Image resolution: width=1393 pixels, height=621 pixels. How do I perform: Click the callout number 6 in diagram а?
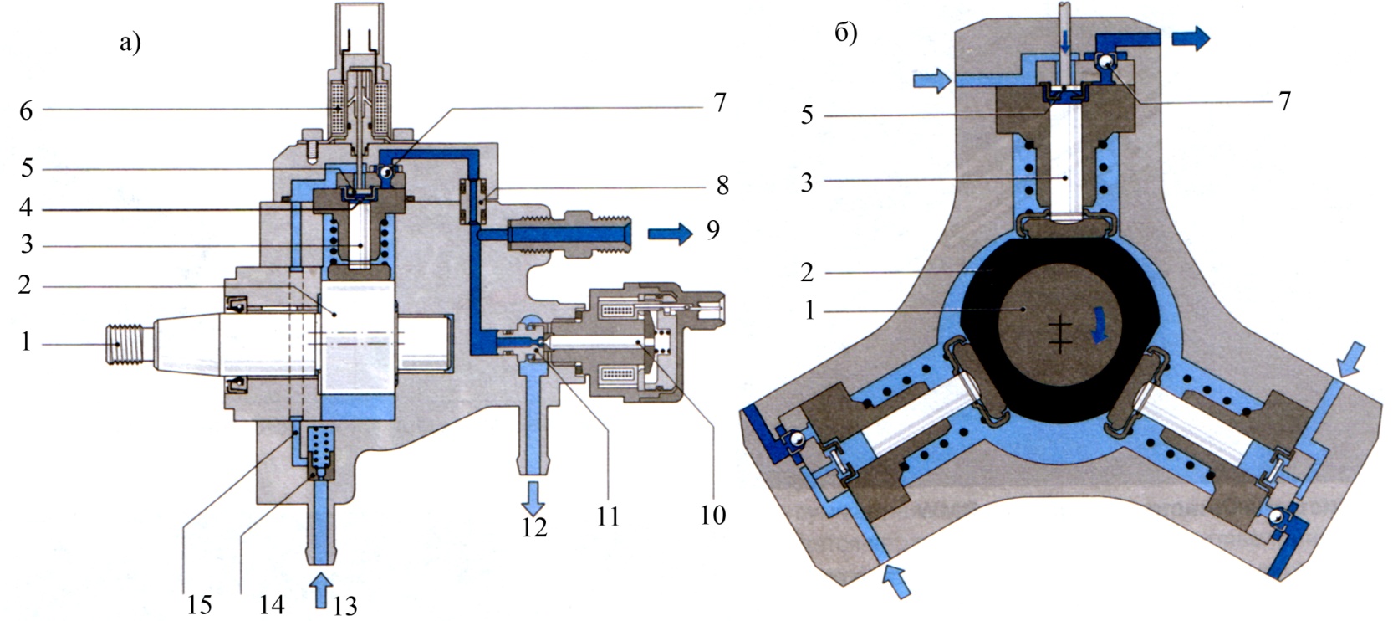click(x=25, y=110)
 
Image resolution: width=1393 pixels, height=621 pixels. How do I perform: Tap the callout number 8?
click(x=722, y=186)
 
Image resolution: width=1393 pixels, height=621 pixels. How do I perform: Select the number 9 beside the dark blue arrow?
click(x=712, y=230)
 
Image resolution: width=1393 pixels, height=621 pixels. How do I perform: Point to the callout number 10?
click(x=712, y=516)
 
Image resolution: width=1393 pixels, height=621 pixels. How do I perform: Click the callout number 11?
click(x=608, y=516)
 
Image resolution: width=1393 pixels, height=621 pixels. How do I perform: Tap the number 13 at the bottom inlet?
click(x=345, y=605)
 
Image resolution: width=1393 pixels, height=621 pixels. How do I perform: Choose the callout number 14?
click(x=272, y=604)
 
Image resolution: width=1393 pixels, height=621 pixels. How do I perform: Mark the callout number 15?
click(x=199, y=604)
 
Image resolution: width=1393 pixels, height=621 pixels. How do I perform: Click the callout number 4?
click(x=25, y=208)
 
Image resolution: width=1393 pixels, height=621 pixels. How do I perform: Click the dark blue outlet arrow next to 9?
click(x=670, y=234)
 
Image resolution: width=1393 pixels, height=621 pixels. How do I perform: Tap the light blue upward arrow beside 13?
click(x=322, y=590)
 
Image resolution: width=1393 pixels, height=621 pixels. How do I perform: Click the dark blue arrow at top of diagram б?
click(x=1191, y=38)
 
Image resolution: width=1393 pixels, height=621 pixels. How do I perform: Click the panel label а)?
click(x=130, y=43)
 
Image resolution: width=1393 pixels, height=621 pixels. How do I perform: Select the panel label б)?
click(x=846, y=33)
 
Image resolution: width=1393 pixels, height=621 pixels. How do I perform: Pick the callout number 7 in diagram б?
click(x=1285, y=100)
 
